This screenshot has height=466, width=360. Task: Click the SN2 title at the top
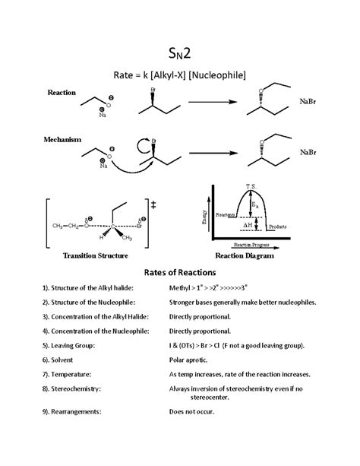tap(180, 53)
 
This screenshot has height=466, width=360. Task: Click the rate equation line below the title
tap(180, 74)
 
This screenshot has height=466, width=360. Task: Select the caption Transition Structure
tap(94, 256)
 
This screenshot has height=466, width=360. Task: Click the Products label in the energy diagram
tap(277, 227)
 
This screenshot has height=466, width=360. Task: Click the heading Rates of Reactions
tap(180, 272)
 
